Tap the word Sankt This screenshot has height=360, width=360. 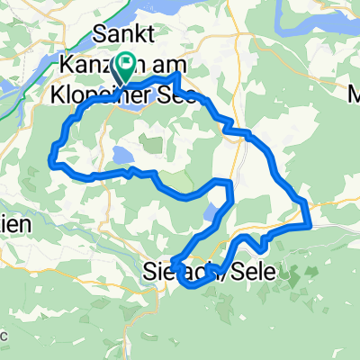(124, 37)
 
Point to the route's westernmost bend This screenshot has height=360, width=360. (49, 160)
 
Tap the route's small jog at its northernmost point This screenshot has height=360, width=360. (177, 79)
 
